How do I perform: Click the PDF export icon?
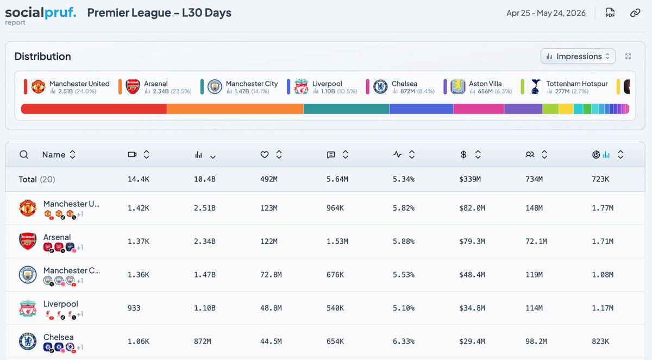click(610, 13)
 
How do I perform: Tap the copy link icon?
click(635, 13)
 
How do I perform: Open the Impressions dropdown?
click(578, 56)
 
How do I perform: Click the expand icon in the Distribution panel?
click(628, 56)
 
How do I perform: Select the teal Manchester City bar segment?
click(347, 109)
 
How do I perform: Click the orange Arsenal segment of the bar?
click(235, 109)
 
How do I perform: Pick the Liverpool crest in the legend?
click(301, 87)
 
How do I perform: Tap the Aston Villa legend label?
click(485, 84)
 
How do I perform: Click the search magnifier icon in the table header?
click(24, 154)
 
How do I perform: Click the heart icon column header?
click(264, 154)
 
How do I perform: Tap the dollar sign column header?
click(463, 154)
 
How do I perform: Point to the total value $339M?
click(470, 179)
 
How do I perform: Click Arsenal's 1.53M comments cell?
click(337, 241)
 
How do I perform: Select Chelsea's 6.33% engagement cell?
click(403, 341)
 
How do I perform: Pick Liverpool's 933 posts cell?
click(134, 308)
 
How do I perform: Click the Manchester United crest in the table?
click(28, 208)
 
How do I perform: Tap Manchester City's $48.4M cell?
click(472, 275)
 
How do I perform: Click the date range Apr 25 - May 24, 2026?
click(546, 13)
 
